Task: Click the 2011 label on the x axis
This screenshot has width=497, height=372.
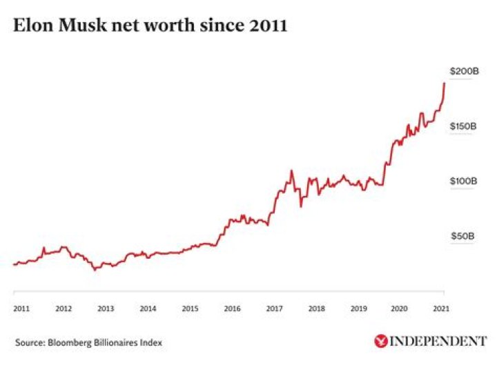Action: tap(21, 309)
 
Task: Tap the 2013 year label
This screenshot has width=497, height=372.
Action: tap(105, 309)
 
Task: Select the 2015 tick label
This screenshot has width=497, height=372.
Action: tap(190, 309)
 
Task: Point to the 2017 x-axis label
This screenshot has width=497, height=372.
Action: tap(274, 309)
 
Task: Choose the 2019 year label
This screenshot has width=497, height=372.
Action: tap(358, 309)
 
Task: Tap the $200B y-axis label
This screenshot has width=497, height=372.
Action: tap(462, 71)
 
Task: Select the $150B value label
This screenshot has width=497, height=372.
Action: tap(462, 126)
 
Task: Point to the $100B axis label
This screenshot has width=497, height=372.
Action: tap(462, 181)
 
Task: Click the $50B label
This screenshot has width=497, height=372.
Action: tap(462, 236)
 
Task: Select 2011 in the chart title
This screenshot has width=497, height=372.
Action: tap(266, 27)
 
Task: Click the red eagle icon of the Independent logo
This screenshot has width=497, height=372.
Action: tap(380, 341)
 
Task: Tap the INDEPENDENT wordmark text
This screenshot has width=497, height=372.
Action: tap(438, 341)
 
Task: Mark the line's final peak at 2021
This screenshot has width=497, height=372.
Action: tap(444, 83)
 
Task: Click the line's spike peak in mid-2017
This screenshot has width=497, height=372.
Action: tap(292, 170)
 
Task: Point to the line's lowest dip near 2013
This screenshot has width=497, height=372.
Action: tap(95, 270)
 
